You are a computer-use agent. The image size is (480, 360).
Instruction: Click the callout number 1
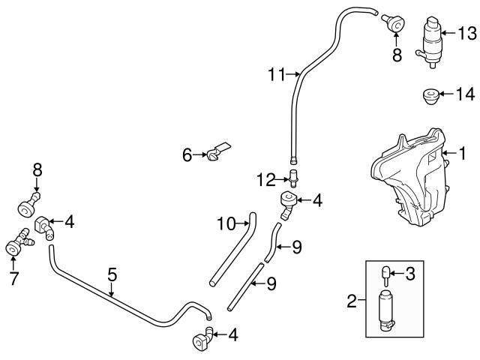463,155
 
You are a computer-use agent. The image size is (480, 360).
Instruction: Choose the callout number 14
466,94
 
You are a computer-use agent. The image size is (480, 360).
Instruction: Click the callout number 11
276,74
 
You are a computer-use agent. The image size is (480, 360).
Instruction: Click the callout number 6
187,155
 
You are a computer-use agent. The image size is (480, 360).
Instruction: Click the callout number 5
112,274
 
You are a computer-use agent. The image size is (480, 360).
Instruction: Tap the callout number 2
351,302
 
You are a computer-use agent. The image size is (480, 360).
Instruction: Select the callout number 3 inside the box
409,274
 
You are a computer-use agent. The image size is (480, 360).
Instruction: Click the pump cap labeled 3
383,274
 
